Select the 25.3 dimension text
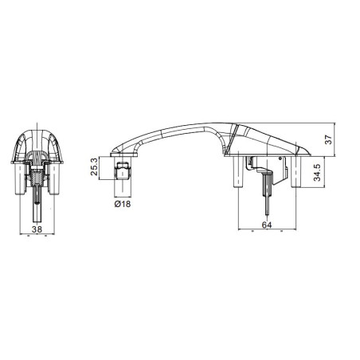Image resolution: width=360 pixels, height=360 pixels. pos(96,168)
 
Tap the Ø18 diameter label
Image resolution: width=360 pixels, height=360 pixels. pos(122,205)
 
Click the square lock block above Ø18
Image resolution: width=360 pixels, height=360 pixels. pos(123,170)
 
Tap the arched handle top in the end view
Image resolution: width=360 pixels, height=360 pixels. pos(37,127)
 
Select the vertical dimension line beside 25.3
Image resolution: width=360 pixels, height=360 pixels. pos(103,169)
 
